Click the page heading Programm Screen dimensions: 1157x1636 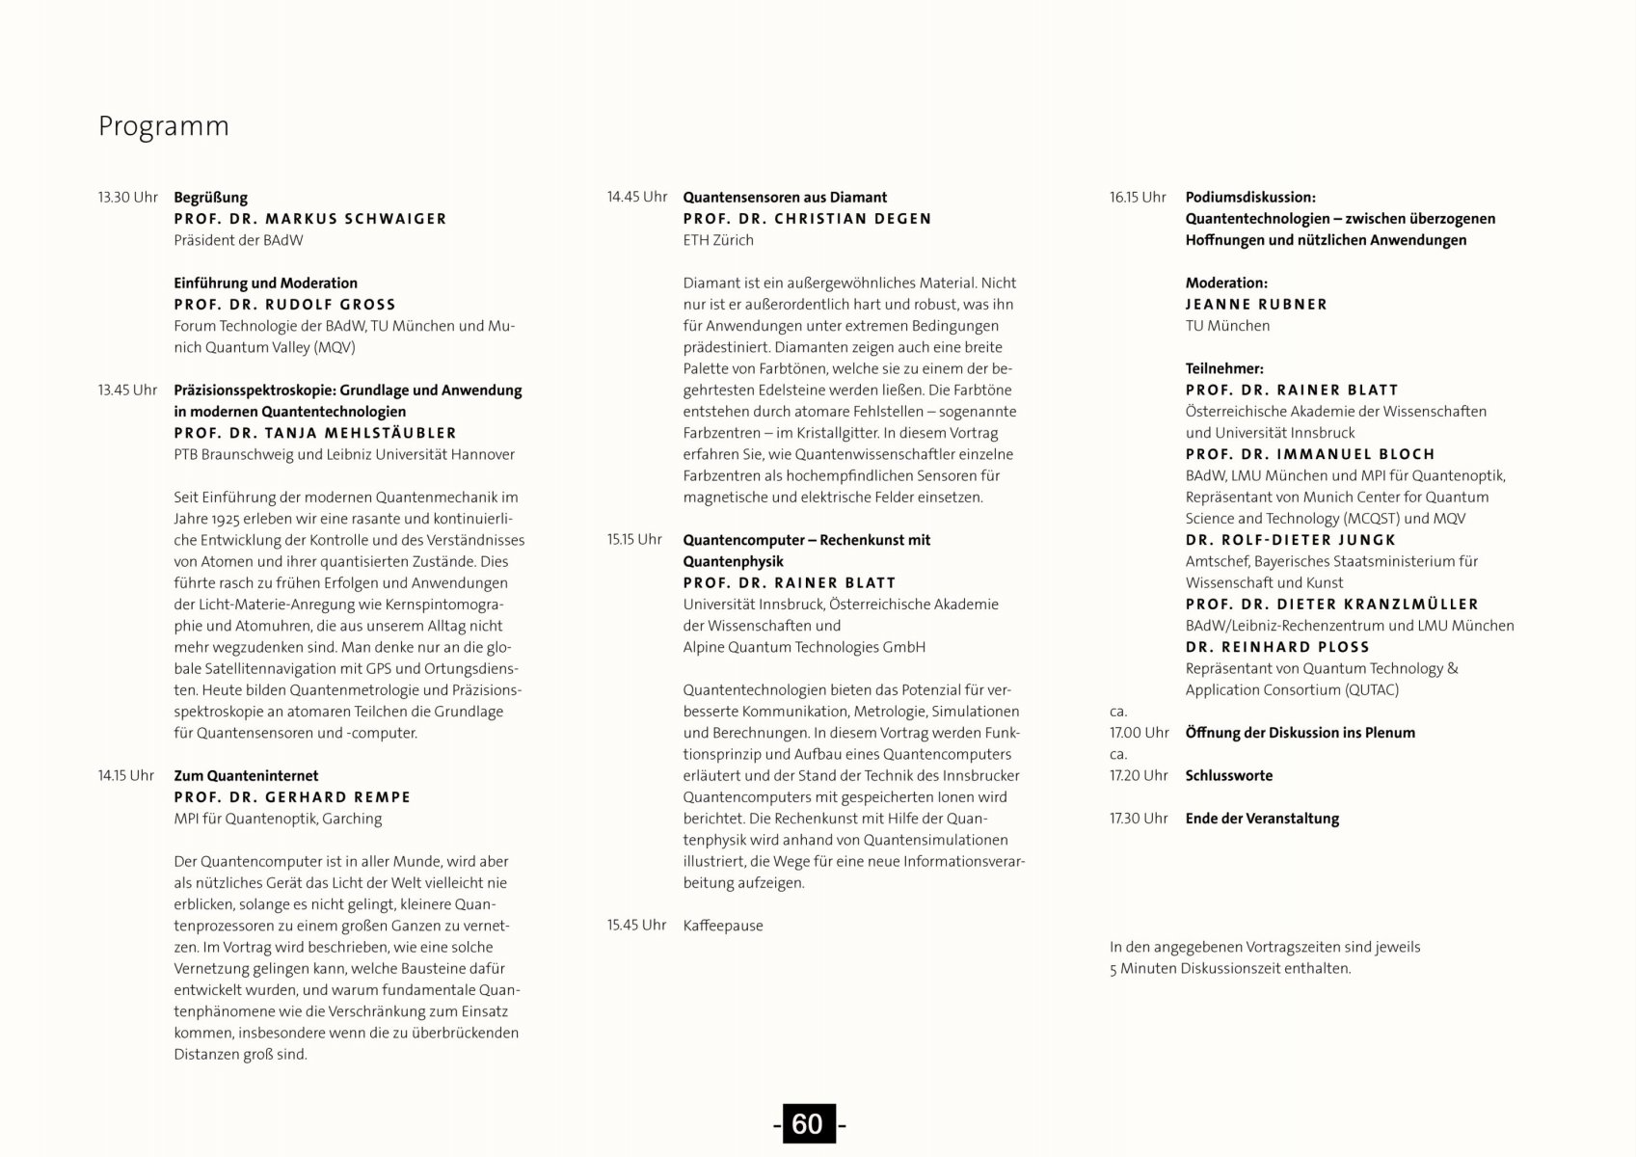[164, 126]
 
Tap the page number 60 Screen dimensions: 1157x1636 [807, 1124]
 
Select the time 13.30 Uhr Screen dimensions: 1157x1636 [127, 198]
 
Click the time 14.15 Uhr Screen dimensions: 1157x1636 [125, 776]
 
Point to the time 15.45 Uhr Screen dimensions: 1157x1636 [636, 926]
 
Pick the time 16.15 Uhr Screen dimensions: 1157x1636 [1138, 198]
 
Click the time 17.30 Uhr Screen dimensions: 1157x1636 [1139, 819]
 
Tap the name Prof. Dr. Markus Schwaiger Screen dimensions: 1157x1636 [310, 219]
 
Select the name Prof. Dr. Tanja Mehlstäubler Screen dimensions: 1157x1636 [315, 433]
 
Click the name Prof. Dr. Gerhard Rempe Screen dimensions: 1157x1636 [292, 797]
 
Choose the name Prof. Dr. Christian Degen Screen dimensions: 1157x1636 [807, 219]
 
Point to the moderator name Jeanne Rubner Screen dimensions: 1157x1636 [1256, 305]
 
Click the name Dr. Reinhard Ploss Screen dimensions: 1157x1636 [1277, 647]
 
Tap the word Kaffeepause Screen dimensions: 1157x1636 [723, 926]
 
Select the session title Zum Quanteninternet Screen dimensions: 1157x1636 [246, 776]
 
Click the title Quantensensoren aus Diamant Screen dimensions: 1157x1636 [785, 198]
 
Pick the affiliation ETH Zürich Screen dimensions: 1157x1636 [718, 240]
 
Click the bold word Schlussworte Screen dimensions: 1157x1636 [1229, 776]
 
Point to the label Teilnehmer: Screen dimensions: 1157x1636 [1224, 368]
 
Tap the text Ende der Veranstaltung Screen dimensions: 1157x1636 [1262, 819]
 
